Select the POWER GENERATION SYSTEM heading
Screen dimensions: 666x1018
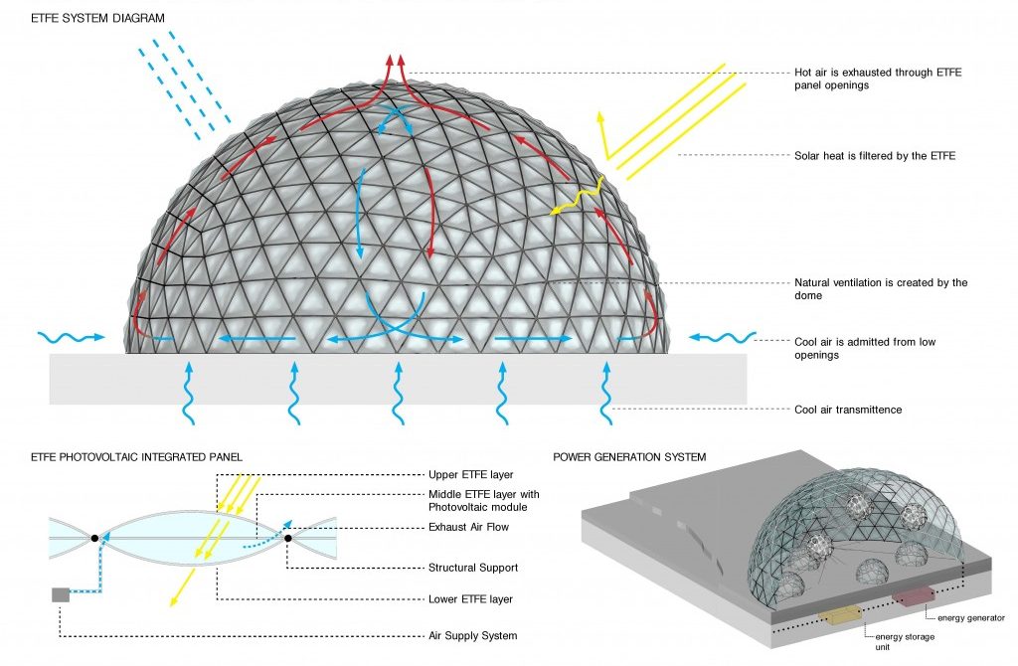click(629, 457)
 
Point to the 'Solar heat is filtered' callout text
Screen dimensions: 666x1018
click(875, 156)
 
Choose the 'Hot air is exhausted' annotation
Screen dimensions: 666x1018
click(875, 80)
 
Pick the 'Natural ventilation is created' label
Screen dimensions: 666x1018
click(881, 289)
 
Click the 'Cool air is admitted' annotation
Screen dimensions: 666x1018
click(865, 349)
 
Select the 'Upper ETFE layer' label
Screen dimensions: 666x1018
click(470, 475)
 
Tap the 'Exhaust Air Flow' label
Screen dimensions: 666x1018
click(470, 527)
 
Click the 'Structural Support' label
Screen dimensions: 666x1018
click(472, 569)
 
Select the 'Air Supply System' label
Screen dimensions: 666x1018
click(473, 635)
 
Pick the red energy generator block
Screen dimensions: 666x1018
click(912, 596)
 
